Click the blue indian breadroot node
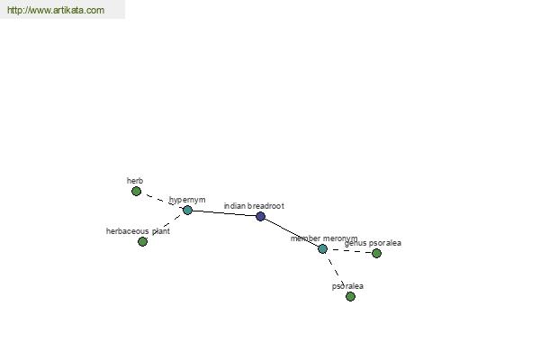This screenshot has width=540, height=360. click(261, 216)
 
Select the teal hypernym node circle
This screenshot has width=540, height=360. click(187, 210)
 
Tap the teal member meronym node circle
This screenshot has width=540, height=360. click(322, 248)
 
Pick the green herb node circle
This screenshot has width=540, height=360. click(137, 191)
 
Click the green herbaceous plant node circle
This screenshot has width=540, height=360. click(142, 241)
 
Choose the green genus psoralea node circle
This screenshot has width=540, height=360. click(376, 253)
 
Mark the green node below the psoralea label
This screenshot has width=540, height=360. click(350, 296)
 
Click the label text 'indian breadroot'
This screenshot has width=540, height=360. click(254, 206)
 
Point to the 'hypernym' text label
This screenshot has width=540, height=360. click(187, 200)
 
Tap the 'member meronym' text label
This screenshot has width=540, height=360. click(324, 238)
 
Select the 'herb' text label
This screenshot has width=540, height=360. click(135, 181)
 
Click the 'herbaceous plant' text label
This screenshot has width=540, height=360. click(138, 231)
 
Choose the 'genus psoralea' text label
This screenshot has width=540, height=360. click(373, 243)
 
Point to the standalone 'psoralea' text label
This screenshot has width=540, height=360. click(347, 286)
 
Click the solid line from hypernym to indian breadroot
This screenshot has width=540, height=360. click(224, 213)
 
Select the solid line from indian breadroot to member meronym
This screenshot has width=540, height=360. click(292, 232)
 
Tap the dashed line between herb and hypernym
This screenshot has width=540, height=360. click(162, 201)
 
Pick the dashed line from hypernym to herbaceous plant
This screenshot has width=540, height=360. click(165, 226)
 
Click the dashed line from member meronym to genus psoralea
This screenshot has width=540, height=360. click(349, 251)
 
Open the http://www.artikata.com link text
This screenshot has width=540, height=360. click(56, 10)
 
